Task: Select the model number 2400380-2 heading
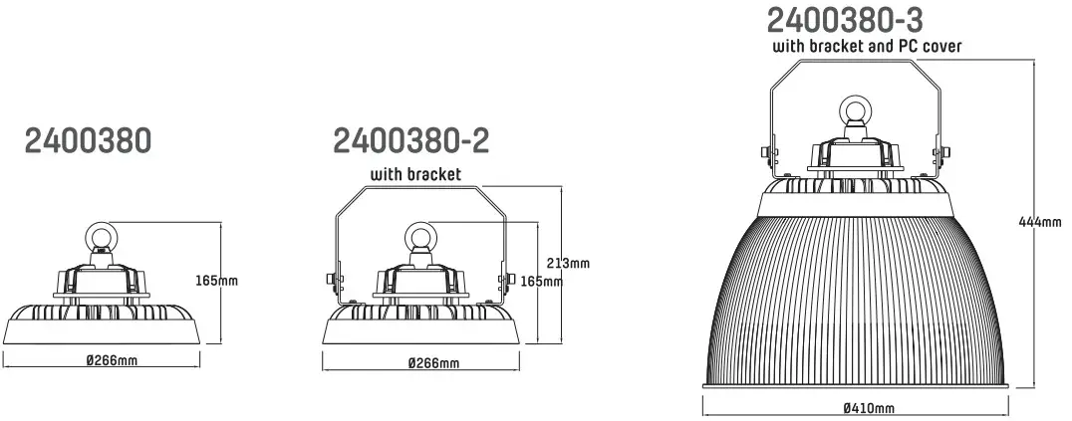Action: point(410,140)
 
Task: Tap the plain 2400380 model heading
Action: point(88,140)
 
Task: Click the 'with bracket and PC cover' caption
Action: point(867,46)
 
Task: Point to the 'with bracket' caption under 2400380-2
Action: point(416,175)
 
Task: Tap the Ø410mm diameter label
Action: point(868,408)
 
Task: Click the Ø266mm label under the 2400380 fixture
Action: point(111,360)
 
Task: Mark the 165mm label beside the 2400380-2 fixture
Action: point(542,282)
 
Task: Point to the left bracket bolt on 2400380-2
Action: point(330,281)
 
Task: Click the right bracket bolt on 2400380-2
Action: point(505,281)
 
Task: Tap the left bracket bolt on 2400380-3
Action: point(763,152)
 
